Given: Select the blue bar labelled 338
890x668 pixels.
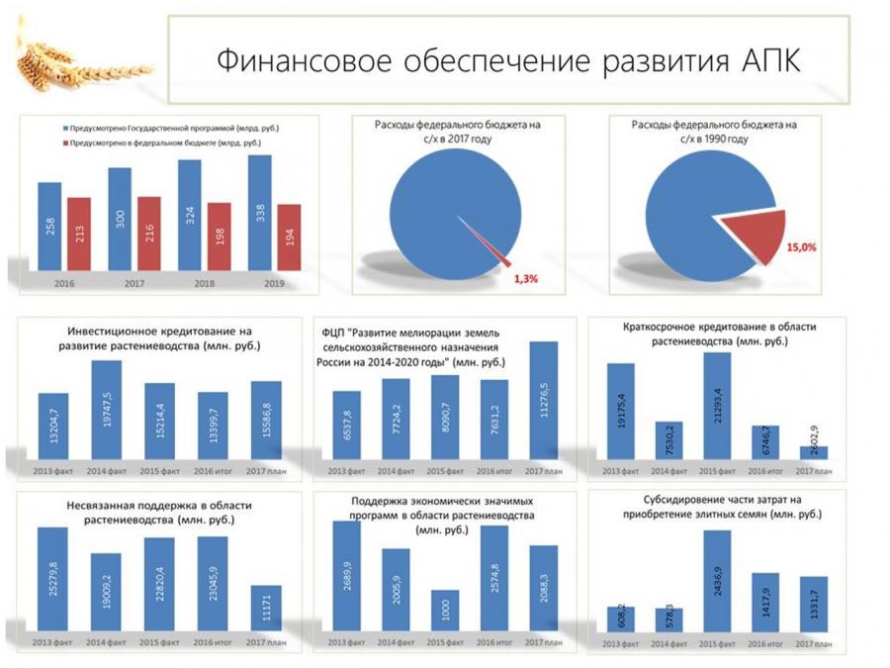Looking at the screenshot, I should pos(260,212).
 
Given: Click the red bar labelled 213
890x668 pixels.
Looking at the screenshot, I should pos(79,234).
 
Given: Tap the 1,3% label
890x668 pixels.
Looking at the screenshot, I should pos(525,279).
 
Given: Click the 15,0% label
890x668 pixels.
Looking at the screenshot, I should pos(801,247).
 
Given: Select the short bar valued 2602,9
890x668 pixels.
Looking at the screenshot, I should pos(813,452).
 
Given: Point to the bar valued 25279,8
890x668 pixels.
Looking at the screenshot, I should pos(52,579).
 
